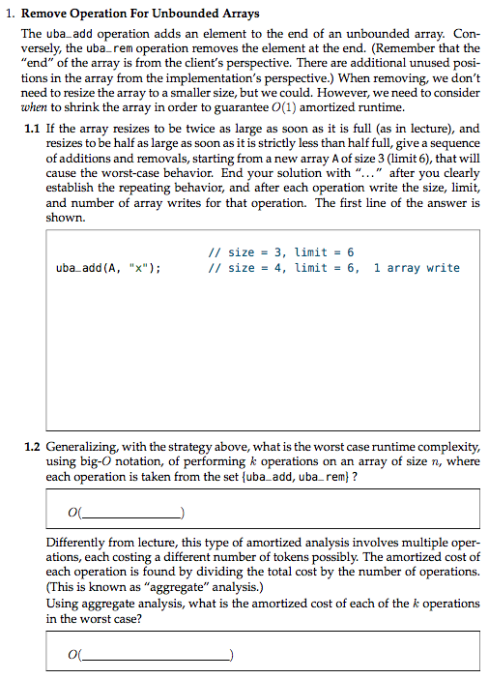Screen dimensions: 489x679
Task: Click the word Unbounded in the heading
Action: (169, 15)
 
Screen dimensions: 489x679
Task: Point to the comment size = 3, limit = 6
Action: (281, 251)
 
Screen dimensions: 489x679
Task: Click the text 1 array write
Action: (417, 268)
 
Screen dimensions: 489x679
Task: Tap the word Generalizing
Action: (83, 447)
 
